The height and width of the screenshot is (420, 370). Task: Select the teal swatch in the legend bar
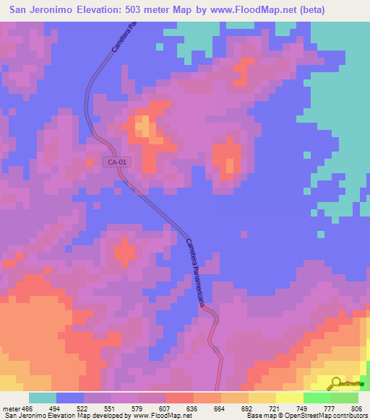[43, 398]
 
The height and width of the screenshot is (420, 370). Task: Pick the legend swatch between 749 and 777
[317, 398]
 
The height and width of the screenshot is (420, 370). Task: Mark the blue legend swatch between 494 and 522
[70, 398]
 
